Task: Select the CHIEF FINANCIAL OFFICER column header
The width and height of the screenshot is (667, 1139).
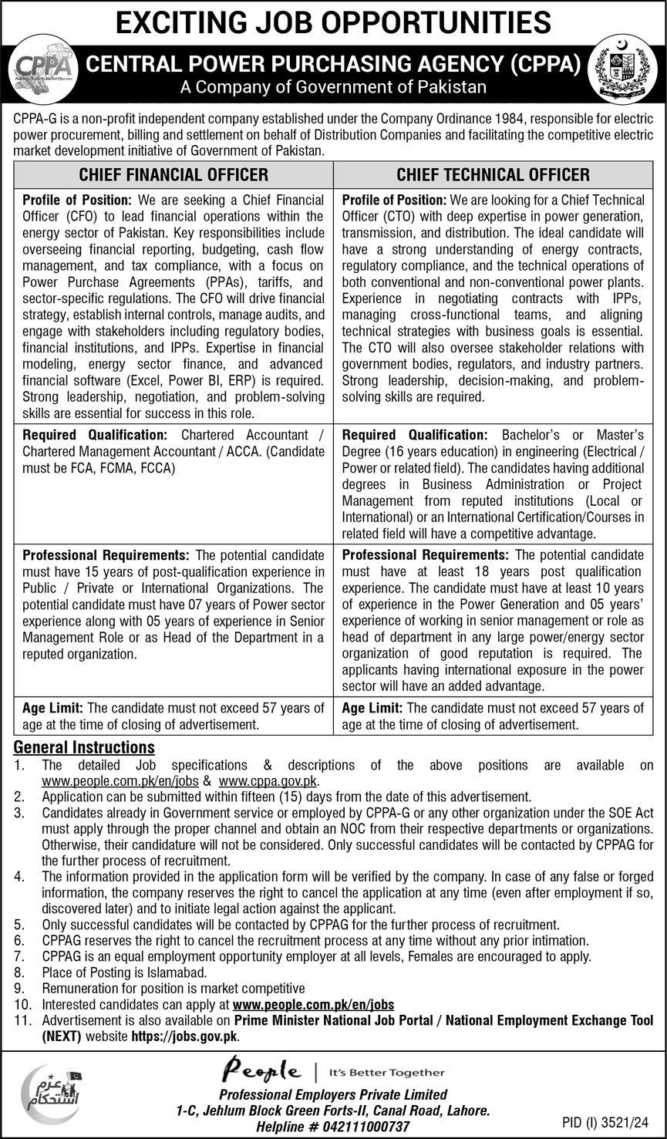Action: point(173,175)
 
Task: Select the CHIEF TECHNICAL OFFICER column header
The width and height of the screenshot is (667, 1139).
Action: point(493,175)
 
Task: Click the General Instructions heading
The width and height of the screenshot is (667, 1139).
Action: point(84,747)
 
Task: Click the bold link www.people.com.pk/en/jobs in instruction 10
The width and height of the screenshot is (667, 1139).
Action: point(313,1005)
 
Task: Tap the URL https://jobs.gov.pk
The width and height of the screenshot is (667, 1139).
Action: point(184,1036)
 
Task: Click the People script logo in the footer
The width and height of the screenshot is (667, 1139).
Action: point(261,1071)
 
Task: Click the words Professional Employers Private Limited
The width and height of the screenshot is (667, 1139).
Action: point(333,1094)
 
